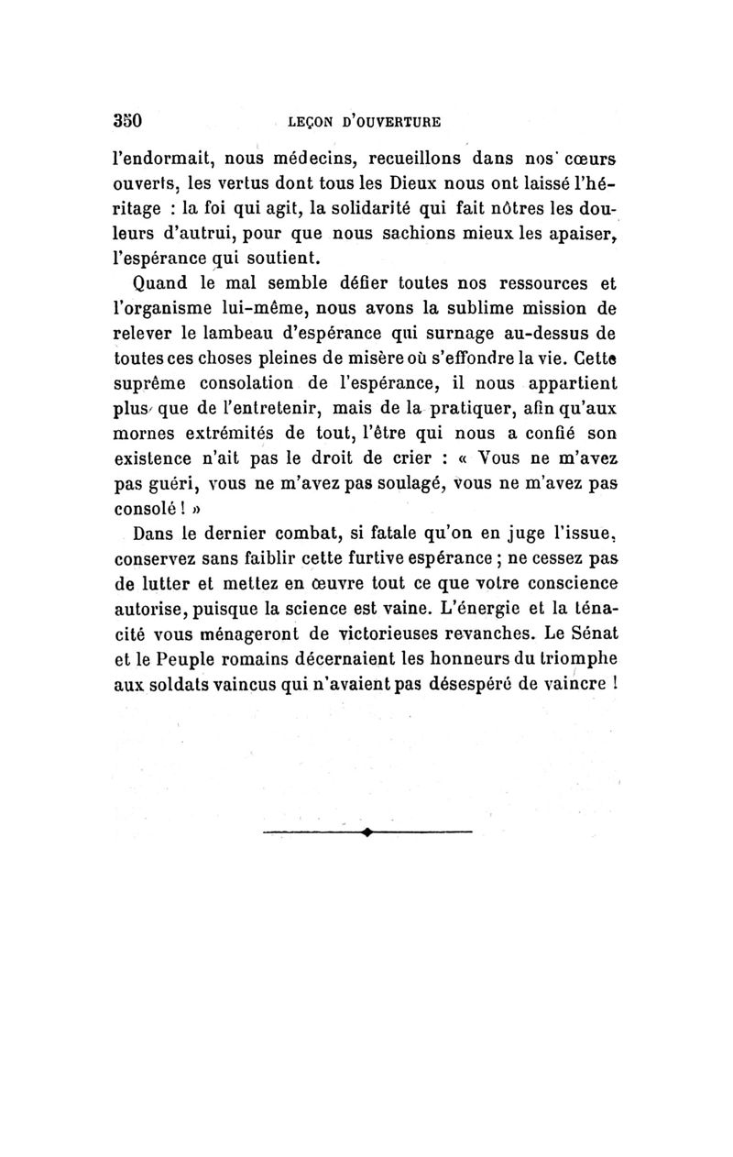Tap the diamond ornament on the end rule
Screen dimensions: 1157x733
click(x=366, y=832)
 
